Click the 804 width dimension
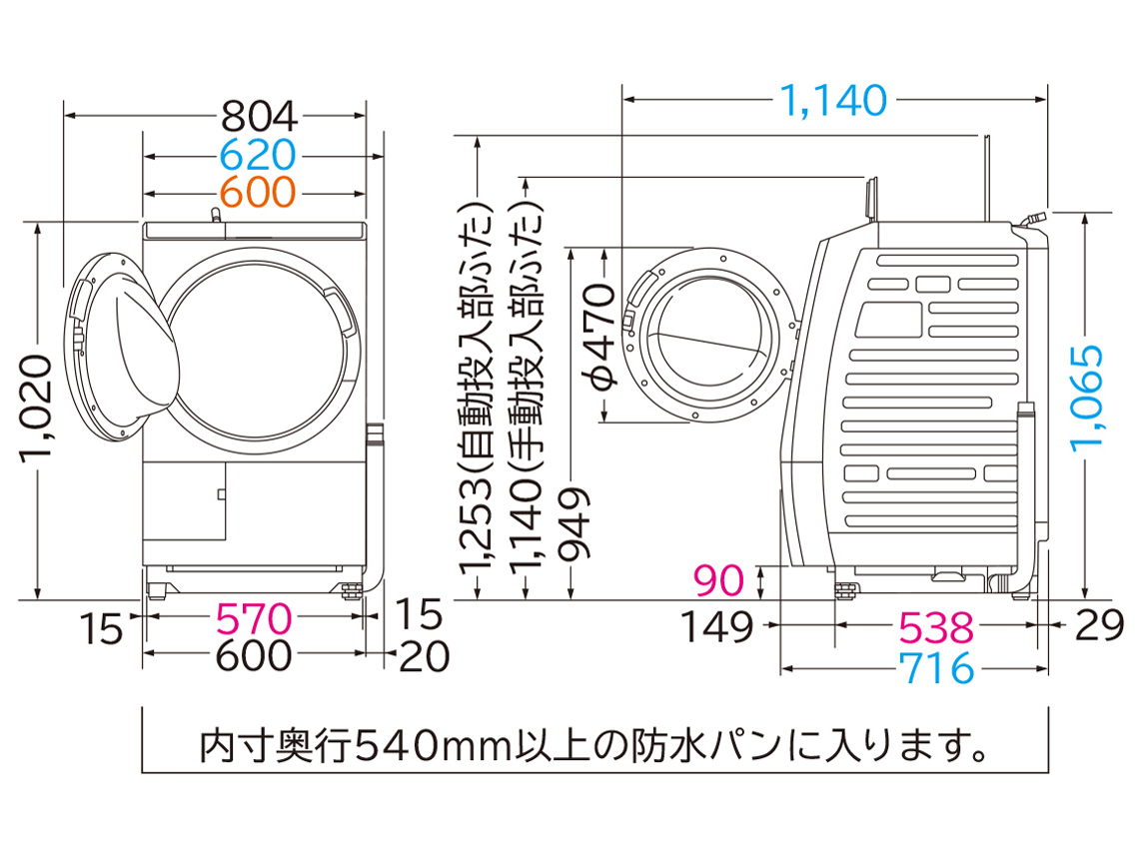tap(259, 118)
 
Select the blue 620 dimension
tap(259, 155)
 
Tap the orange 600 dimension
tap(259, 191)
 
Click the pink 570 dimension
tap(256, 620)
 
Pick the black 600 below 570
tap(256, 656)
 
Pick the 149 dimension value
tap(716, 627)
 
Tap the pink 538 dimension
tap(935, 627)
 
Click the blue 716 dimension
tap(935, 667)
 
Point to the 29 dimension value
tap(1100, 627)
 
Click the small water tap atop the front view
tap(214, 216)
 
